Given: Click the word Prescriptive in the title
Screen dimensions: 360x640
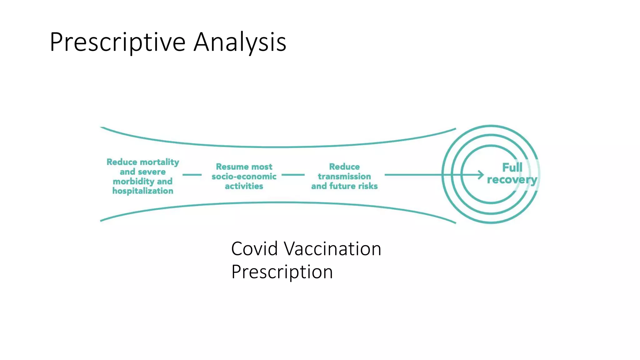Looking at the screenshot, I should coord(117,42).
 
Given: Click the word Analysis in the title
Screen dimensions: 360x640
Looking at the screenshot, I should coord(240,42).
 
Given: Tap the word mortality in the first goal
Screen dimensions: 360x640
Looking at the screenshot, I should coord(159,162).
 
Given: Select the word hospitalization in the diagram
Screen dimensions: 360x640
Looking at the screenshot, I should coord(143,191).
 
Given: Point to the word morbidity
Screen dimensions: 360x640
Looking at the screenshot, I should coord(133,182).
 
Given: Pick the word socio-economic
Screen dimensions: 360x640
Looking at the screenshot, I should coord(244,177).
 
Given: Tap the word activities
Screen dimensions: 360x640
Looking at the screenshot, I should coord(244,186).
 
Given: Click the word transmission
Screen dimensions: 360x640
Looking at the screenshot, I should coord(344,177).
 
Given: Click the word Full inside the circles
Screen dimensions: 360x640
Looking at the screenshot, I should coord(512,167).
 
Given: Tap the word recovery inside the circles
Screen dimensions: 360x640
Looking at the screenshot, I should coord(512,180).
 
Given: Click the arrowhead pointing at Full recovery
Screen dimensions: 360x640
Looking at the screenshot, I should coord(481,175).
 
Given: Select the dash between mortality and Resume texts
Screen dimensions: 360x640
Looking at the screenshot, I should coord(192,175).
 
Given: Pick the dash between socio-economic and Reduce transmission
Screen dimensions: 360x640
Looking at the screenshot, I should coord(293,175).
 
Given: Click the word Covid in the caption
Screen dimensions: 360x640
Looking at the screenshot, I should coord(254,249).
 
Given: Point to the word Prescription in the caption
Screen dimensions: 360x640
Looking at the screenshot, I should coord(282,272).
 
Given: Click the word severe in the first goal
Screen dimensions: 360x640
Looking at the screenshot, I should coord(152,172).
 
